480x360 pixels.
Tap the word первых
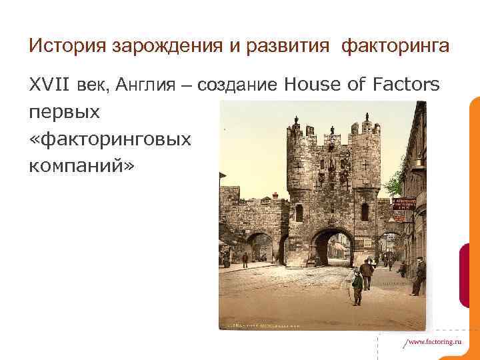coord(65,112)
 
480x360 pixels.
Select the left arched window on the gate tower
coord(299,213)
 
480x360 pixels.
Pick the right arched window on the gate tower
coord(365,212)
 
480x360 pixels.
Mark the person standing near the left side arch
coord(245,259)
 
